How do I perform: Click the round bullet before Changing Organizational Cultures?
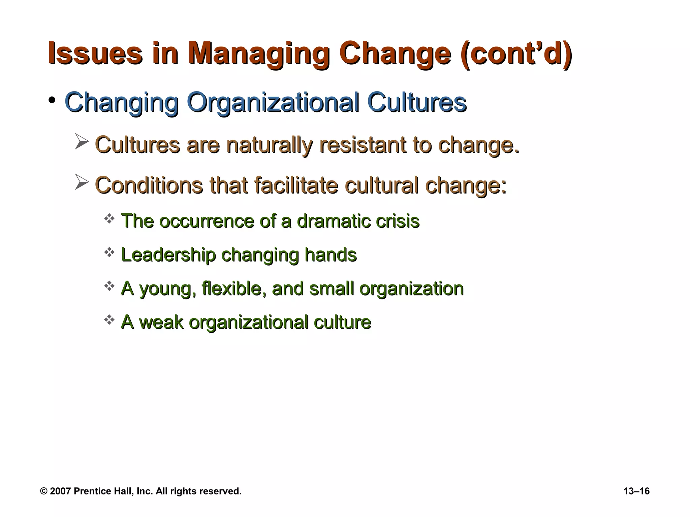(x=52, y=100)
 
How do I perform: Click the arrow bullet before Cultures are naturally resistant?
(x=82, y=141)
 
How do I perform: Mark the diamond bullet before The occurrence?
(x=109, y=219)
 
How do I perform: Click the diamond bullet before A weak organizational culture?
(x=109, y=320)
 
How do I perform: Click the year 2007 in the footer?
(x=60, y=491)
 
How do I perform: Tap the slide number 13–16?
(x=636, y=491)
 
